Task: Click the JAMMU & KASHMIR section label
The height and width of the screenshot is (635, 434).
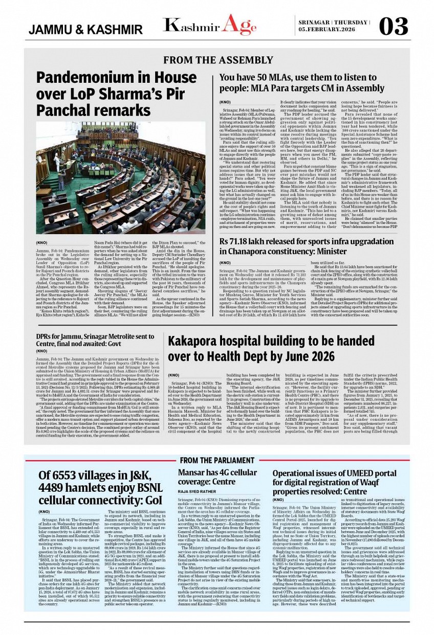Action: click(x=85, y=30)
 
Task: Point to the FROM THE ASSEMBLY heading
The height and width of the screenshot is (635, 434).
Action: click(x=219, y=61)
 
